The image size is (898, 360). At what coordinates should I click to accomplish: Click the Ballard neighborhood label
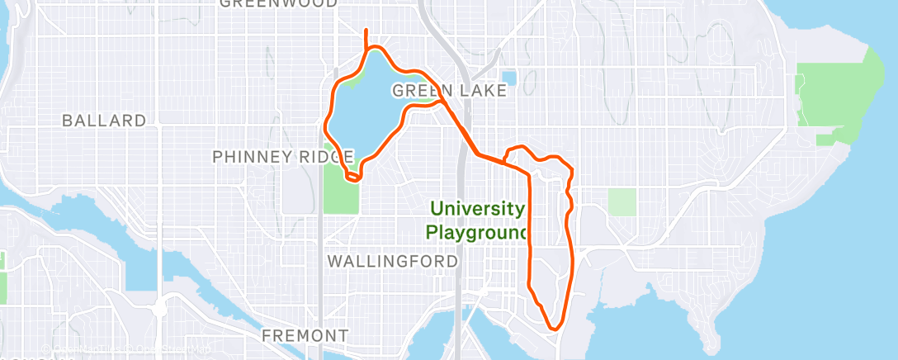104,121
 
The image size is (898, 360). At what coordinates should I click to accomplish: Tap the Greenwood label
278,3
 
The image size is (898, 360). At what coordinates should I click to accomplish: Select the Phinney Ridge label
283,157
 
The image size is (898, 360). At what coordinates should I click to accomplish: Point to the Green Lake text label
449,90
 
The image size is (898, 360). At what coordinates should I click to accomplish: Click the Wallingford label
393,262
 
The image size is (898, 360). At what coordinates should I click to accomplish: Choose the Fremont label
305,336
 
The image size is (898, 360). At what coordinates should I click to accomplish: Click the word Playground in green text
475,233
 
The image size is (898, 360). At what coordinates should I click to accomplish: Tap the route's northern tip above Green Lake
366,31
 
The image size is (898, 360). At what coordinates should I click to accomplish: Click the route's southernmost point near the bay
555,328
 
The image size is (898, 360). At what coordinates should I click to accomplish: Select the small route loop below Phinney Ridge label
353,174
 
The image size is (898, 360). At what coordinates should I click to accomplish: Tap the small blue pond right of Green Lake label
508,78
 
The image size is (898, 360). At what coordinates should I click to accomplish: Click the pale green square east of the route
622,201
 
